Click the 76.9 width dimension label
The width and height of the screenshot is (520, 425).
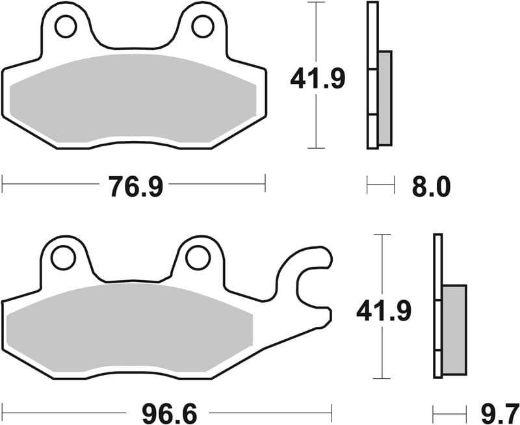(x=134, y=187)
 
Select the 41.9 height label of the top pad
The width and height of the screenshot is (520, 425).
(x=317, y=79)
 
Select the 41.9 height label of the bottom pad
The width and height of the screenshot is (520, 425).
(x=383, y=313)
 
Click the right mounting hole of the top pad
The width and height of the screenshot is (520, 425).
(x=202, y=27)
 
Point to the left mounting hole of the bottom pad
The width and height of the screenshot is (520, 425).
(x=63, y=258)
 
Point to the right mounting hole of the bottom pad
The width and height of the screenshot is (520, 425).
(x=197, y=258)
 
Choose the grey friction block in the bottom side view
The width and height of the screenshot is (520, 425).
(x=454, y=329)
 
